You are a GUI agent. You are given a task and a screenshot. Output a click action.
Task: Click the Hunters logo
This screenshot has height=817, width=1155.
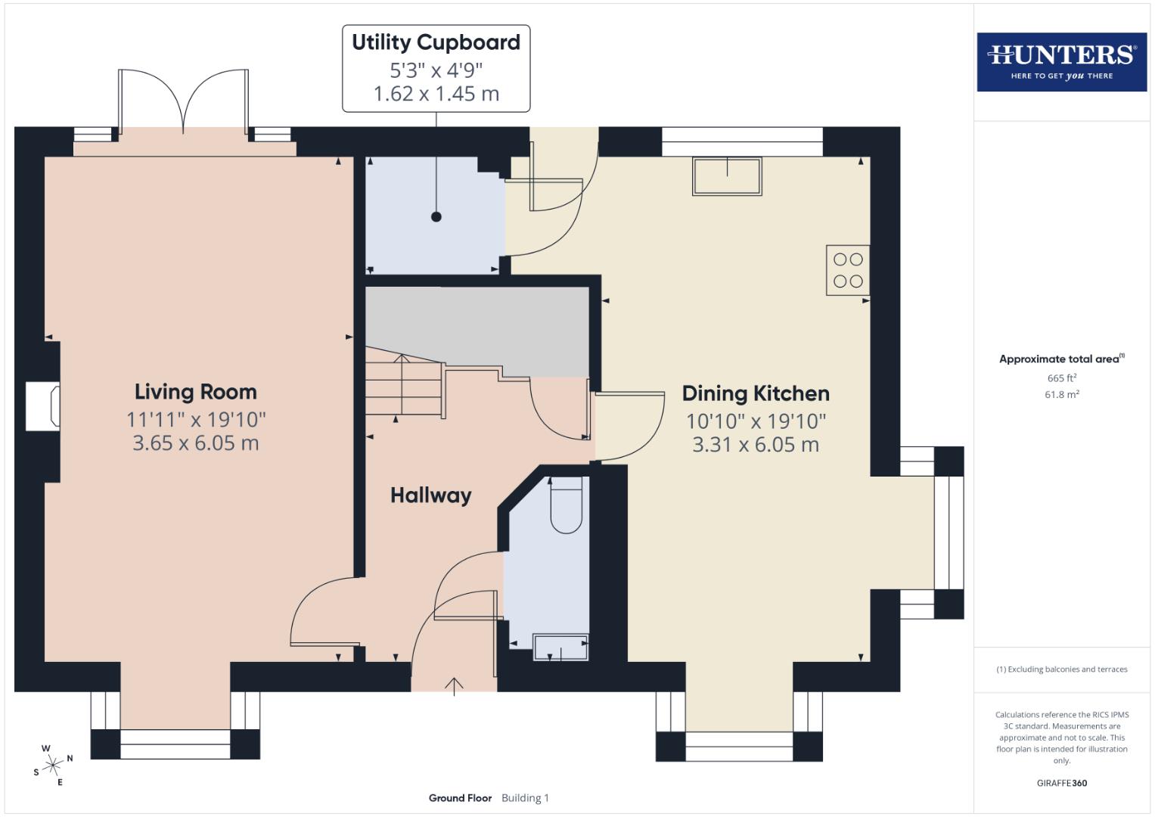click(1061, 61)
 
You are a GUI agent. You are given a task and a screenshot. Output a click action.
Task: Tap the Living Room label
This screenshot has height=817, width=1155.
click(196, 392)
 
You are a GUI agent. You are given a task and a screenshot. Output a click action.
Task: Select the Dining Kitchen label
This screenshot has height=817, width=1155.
click(756, 393)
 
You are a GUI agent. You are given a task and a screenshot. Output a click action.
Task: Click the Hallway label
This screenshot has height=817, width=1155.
click(430, 495)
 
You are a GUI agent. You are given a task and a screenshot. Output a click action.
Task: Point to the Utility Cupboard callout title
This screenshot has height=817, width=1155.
click(436, 43)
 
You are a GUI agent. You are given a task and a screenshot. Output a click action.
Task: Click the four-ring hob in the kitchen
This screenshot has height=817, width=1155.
click(847, 270)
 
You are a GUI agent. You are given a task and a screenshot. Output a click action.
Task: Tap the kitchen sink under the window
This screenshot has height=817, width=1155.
click(727, 176)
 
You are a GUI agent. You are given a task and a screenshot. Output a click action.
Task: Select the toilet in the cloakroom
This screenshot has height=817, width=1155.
click(566, 505)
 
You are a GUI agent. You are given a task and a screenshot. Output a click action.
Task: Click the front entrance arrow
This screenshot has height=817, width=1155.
click(454, 685)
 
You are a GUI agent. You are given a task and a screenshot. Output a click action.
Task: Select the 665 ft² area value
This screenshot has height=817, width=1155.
click(1061, 378)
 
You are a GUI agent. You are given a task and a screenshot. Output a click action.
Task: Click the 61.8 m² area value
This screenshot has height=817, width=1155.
click(1061, 394)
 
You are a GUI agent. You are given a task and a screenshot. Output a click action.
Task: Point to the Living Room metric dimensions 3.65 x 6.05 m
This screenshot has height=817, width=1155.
click(196, 443)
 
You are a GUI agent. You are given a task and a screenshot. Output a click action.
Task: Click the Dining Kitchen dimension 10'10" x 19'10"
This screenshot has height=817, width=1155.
click(756, 421)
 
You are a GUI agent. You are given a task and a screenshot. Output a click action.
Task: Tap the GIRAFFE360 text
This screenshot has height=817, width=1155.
click(1061, 783)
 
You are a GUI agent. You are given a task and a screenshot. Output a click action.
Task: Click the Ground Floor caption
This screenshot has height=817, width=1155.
click(460, 798)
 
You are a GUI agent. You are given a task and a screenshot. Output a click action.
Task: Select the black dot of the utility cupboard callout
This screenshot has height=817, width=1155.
click(436, 217)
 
